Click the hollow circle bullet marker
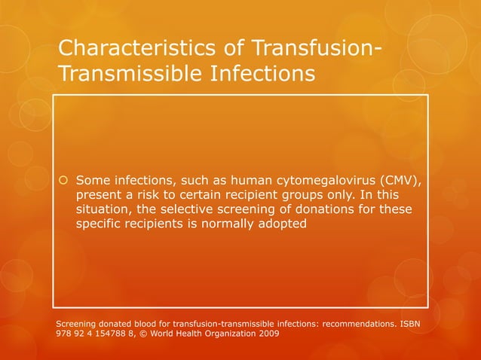63,180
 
